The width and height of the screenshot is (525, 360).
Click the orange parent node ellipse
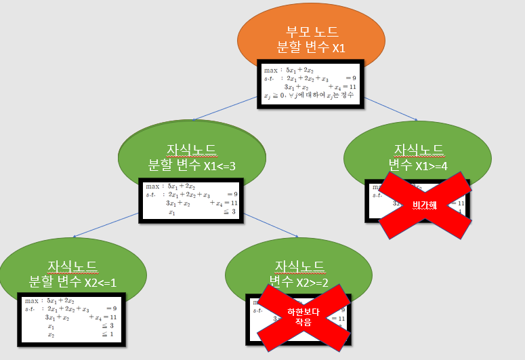pyautogui.click(x=311, y=27)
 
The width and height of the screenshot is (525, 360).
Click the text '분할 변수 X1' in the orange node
pyautogui.click(x=311, y=47)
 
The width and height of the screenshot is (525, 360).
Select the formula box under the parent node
pyautogui.click(x=310, y=83)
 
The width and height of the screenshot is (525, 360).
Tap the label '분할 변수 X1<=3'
pyautogui.click(x=192, y=165)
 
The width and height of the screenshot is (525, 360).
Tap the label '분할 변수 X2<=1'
pyautogui.click(x=73, y=281)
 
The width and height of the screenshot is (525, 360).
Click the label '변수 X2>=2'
pyautogui.click(x=299, y=281)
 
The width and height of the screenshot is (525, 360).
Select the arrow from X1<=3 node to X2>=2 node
pyautogui.click(x=271, y=225)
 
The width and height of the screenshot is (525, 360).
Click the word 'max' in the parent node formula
pyautogui.click(x=271, y=69)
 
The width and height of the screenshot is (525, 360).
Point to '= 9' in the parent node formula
pyautogui.click(x=350, y=79)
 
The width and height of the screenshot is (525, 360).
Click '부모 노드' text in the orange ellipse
pyautogui.click(x=311, y=31)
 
